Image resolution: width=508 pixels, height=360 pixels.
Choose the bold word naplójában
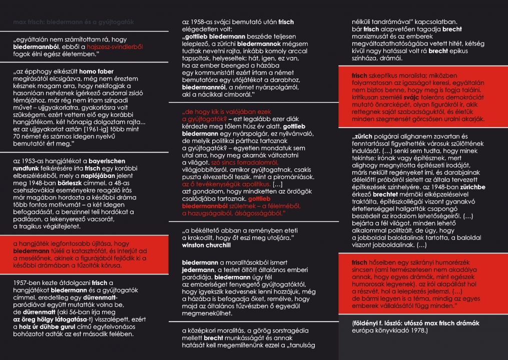124,176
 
